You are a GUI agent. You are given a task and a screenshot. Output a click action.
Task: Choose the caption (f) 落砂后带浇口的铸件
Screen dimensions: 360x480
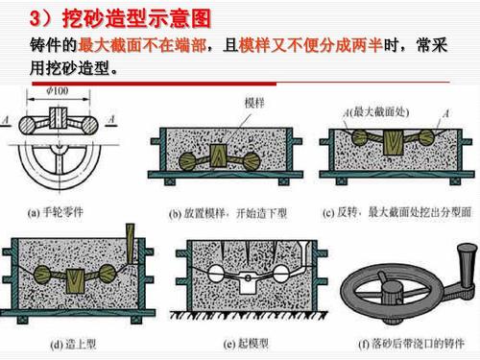click(403, 343)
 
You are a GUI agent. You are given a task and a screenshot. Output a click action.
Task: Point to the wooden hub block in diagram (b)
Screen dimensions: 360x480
click(224, 153)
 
